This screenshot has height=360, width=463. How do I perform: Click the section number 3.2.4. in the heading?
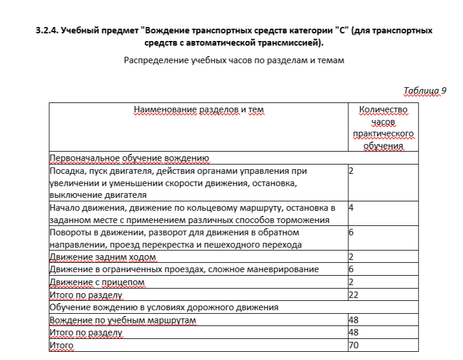pyautogui.click(x=47, y=30)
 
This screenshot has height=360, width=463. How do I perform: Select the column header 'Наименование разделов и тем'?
pyautogui.click(x=199, y=109)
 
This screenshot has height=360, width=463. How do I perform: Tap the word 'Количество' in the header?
pyautogui.click(x=383, y=109)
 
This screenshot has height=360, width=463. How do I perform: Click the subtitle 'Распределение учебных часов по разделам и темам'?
pyautogui.click(x=234, y=61)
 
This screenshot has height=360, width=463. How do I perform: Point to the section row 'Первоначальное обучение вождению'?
pyautogui.click(x=129, y=158)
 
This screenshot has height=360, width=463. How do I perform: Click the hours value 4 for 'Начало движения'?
pyautogui.click(x=351, y=207)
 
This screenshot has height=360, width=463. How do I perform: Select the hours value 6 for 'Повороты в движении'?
pyautogui.click(x=351, y=232)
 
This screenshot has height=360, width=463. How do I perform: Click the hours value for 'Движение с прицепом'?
pyautogui.click(x=351, y=282)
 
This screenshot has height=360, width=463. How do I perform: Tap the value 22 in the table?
pyautogui.click(x=353, y=294)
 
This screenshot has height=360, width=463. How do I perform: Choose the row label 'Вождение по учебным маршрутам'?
pyautogui.click(x=122, y=320)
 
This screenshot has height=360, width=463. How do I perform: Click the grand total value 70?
pyautogui.click(x=353, y=345)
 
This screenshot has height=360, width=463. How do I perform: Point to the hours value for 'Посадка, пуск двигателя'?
pyautogui.click(x=351, y=171)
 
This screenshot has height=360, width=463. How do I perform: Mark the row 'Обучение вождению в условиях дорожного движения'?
pyautogui.click(x=164, y=307)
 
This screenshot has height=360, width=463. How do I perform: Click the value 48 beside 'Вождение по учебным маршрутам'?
pyautogui.click(x=353, y=320)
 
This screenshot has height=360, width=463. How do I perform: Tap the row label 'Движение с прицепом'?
pyautogui.click(x=97, y=282)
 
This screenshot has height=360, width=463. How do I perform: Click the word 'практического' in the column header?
pyautogui.click(x=383, y=134)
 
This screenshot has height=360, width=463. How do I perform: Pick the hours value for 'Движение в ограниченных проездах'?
pyautogui.click(x=351, y=269)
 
